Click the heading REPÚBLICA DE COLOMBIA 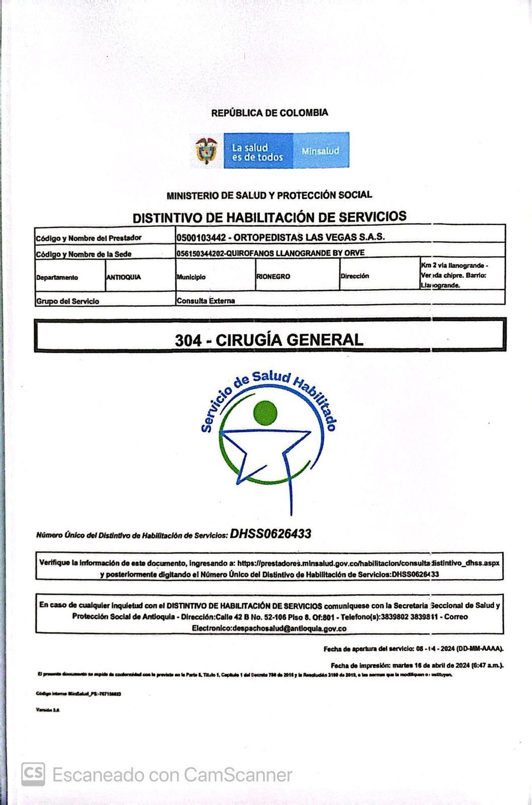pos(270,113)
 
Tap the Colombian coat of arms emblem pos(207,150)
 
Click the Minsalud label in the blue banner pos(320,150)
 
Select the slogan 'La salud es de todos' pos(257,152)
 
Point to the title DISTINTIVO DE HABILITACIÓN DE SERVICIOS pos(270,217)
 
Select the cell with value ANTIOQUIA pos(124,277)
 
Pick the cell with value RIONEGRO pos(273,276)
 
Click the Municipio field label pos(191,277)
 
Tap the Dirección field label pos(354,276)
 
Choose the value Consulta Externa pos(206,301)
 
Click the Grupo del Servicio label pos(67,301)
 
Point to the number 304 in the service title pos(188,340)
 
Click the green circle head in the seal pos(265,413)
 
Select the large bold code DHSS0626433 pos(271,534)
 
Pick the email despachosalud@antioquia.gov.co pos(269,628)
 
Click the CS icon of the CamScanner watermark pos(33,774)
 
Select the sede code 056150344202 pos(200,253)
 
